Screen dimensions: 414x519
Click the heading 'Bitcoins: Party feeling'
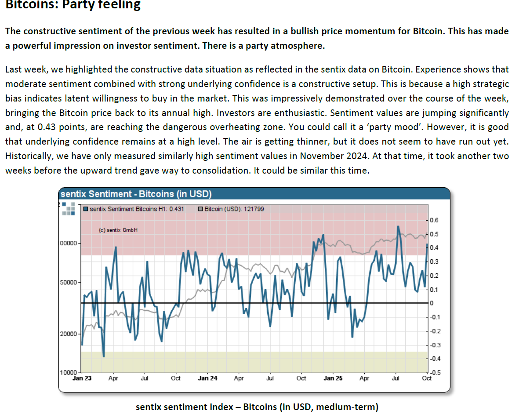click(73, 5)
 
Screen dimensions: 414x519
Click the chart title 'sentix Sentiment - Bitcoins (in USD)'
click(136, 194)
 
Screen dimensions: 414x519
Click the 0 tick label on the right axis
click(431, 303)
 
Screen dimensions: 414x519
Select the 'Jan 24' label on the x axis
click(207, 378)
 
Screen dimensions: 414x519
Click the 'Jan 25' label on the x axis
click(333, 378)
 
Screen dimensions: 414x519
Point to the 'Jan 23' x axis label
click(82, 378)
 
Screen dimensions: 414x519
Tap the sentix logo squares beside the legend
click(68, 208)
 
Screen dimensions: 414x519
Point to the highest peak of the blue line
click(398, 226)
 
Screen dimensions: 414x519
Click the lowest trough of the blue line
click(104, 356)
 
